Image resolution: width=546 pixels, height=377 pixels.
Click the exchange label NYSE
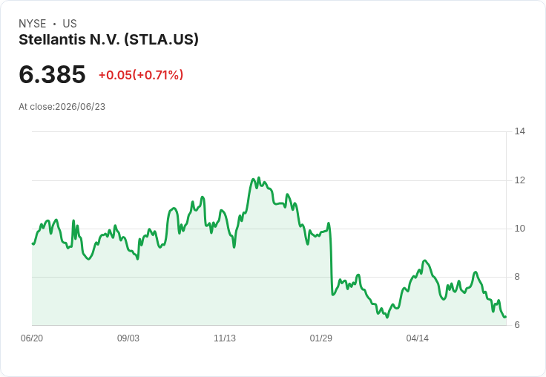point(33,24)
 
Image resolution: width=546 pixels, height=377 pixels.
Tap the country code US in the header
point(70,24)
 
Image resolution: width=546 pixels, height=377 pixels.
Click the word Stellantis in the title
point(52,39)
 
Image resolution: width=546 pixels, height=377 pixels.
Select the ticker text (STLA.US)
point(161,39)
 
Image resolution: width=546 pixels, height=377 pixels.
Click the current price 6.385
point(52,74)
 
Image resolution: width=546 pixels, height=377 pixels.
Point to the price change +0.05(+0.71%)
point(141,75)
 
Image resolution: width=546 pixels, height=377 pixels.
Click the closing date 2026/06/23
point(80,107)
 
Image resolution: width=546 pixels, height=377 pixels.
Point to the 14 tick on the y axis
point(520,131)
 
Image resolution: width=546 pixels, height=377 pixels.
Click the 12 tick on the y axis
point(520,180)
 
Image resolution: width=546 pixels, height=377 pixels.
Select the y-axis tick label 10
point(520,229)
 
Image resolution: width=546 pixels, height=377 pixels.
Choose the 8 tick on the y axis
point(517,277)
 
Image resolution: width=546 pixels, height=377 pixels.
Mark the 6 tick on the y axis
point(517,325)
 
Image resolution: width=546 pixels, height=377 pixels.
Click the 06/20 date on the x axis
point(32,338)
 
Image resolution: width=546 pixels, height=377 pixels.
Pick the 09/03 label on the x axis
point(128,338)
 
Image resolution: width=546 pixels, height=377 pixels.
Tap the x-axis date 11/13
point(225,338)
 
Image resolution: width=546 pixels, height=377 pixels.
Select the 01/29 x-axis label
point(321,338)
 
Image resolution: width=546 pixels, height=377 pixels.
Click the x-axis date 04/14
point(417,338)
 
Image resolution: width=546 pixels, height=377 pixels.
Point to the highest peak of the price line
point(258,177)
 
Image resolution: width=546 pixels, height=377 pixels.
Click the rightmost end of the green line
point(506,317)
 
